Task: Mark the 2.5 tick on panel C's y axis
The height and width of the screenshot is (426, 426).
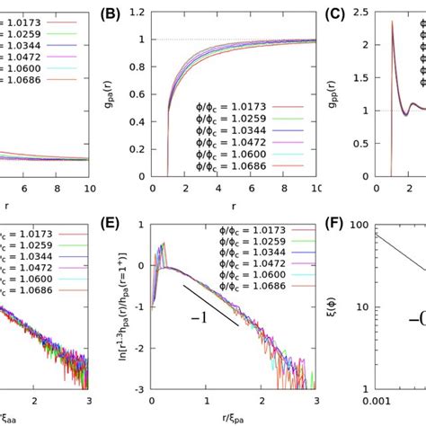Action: pos(365,12)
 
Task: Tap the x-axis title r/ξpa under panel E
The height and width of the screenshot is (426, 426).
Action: pos(240,418)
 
